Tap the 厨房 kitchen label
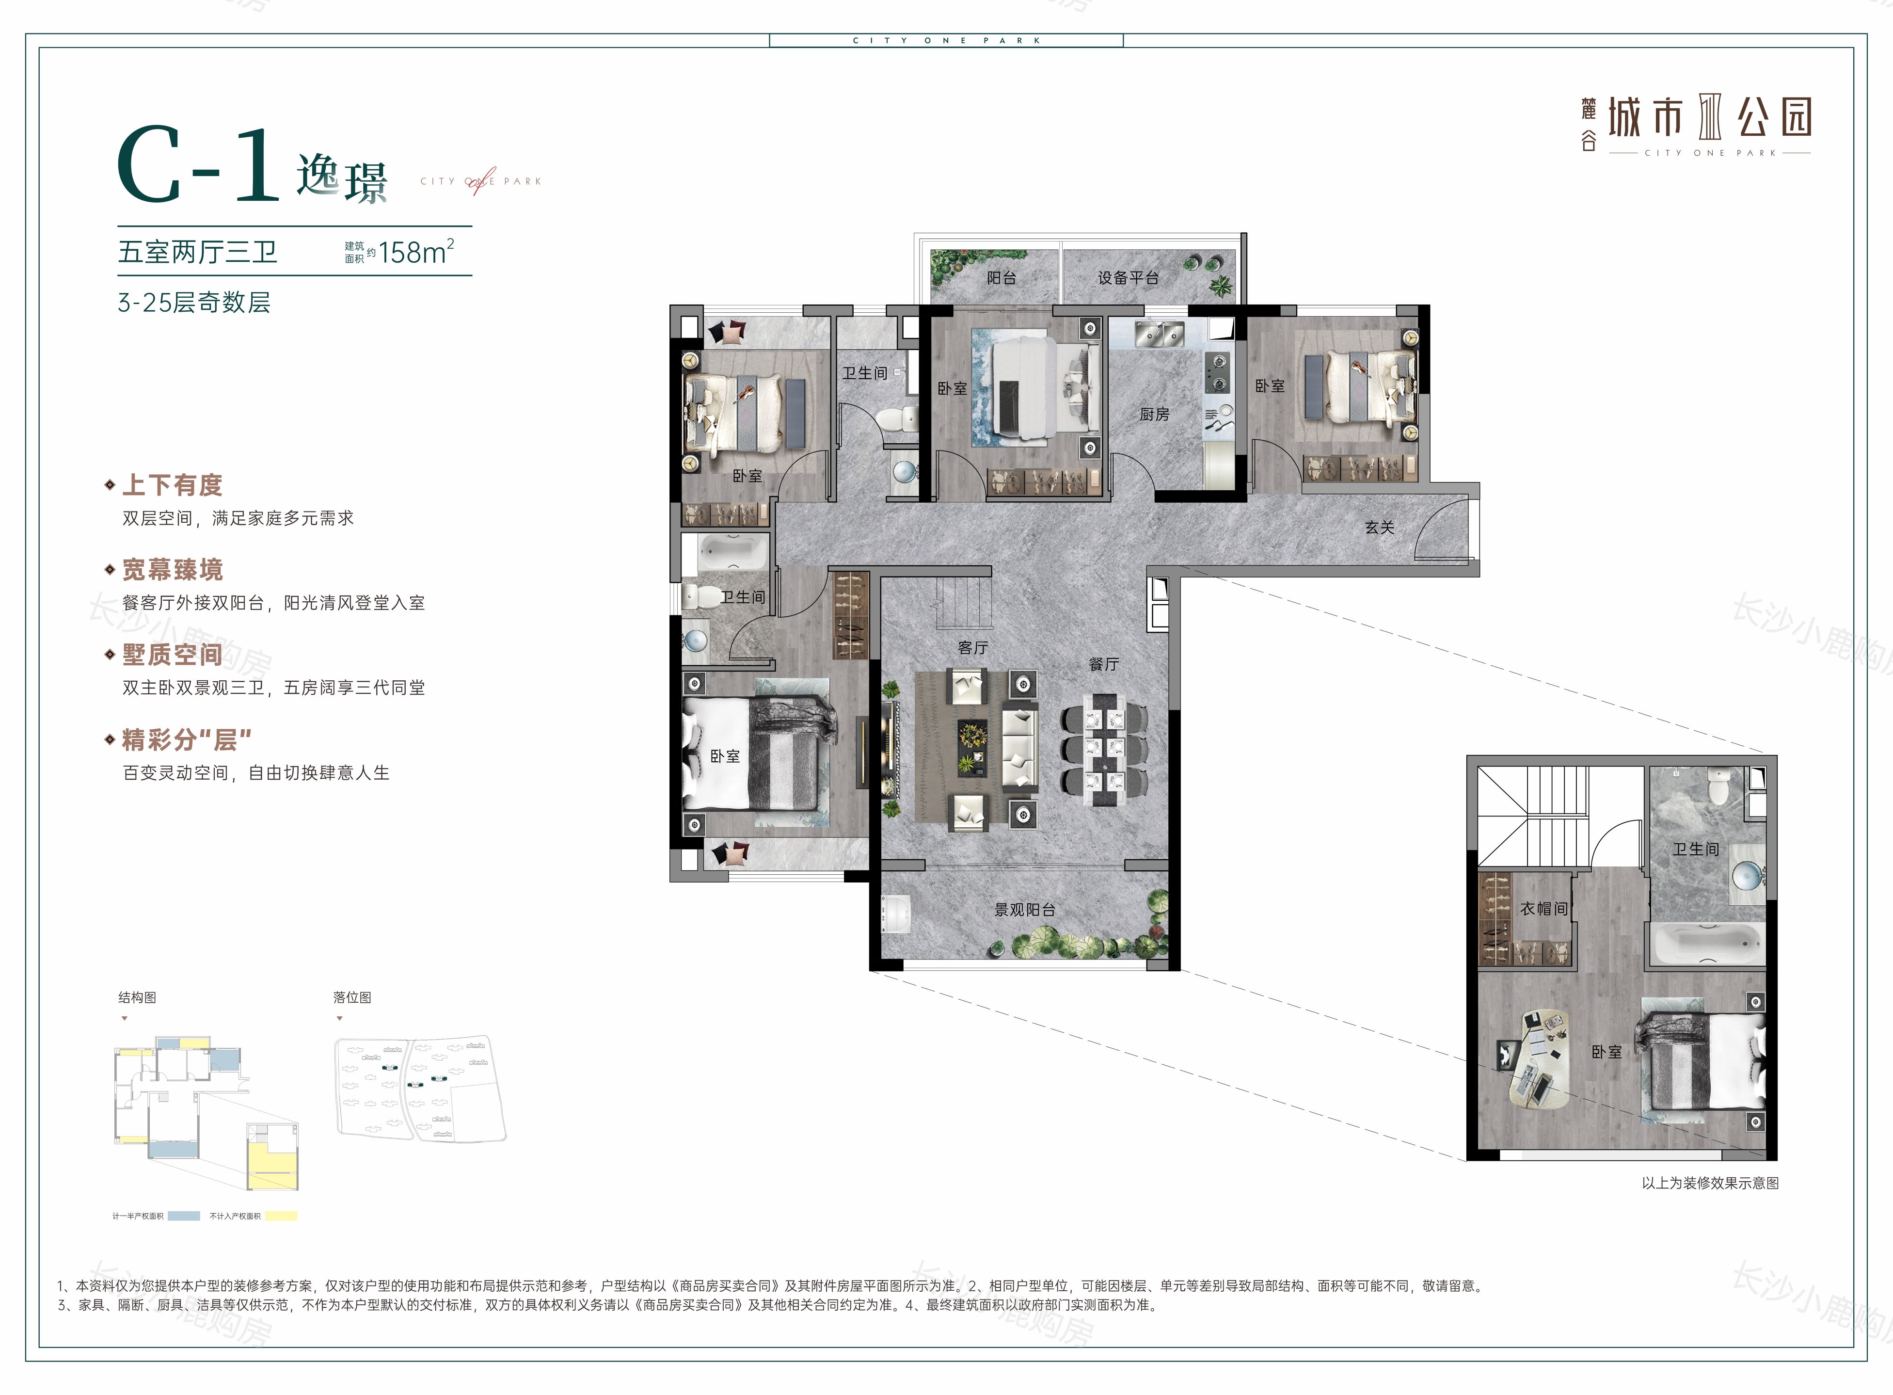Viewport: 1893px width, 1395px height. coord(1154,414)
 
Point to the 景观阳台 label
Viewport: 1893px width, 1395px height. coord(1025,910)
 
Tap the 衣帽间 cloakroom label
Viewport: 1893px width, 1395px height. coord(1544,909)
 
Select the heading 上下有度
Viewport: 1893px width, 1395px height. coord(172,485)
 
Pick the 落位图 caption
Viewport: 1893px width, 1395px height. coord(352,997)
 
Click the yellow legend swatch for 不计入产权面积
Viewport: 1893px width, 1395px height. coord(281,1216)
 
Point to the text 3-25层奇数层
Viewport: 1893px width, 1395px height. coord(194,302)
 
